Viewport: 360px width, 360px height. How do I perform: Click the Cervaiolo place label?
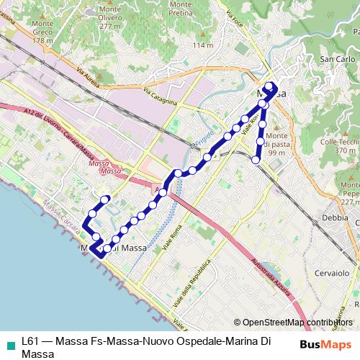[x=331, y=274]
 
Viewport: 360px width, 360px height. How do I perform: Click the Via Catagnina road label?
[x=160, y=96]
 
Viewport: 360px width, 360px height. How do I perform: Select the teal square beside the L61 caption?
[x=10, y=342]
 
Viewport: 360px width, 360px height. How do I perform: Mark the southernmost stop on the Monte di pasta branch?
[x=256, y=161]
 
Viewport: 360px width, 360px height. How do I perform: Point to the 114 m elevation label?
[x=204, y=45]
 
